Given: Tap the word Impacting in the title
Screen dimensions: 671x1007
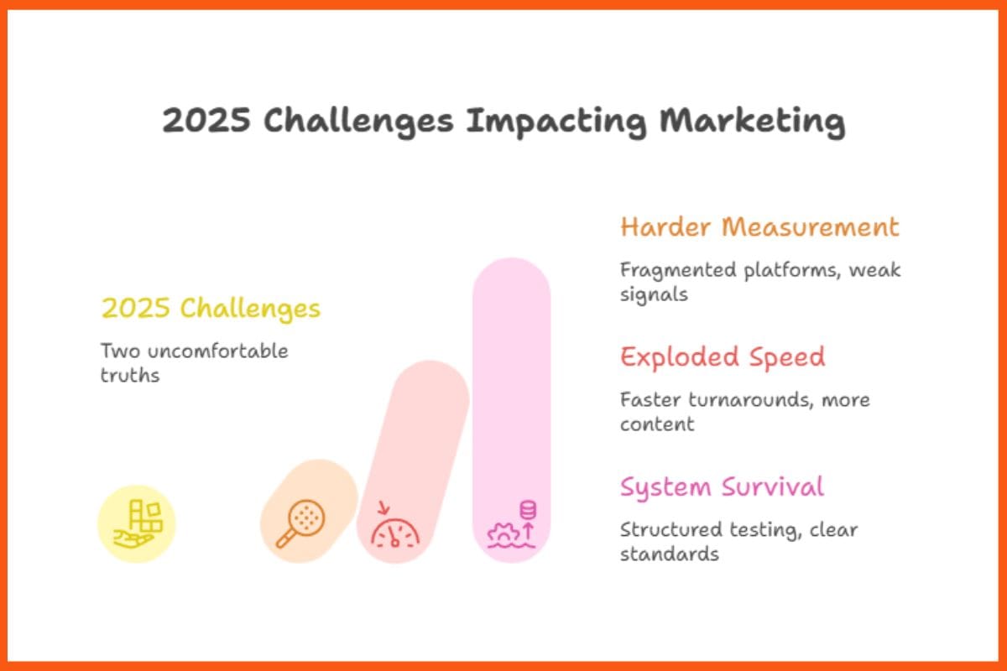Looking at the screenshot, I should pyautogui.click(x=556, y=121).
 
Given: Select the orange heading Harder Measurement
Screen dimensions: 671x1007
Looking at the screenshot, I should pyautogui.click(x=759, y=226).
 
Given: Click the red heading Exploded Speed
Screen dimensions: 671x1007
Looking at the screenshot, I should pyautogui.click(x=723, y=356).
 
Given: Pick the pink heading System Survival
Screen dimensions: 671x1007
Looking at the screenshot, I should pyautogui.click(x=722, y=486).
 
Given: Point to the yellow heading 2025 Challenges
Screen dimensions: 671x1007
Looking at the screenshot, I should pyautogui.click(x=211, y=308).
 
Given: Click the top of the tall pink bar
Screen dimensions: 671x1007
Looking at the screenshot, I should pyautogui.click(x=511, y=277).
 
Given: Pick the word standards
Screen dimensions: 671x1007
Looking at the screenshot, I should pyautogui.click(x=669, y=554).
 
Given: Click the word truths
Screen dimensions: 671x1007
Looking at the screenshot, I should pyautogui.click(x=129, y=375).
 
